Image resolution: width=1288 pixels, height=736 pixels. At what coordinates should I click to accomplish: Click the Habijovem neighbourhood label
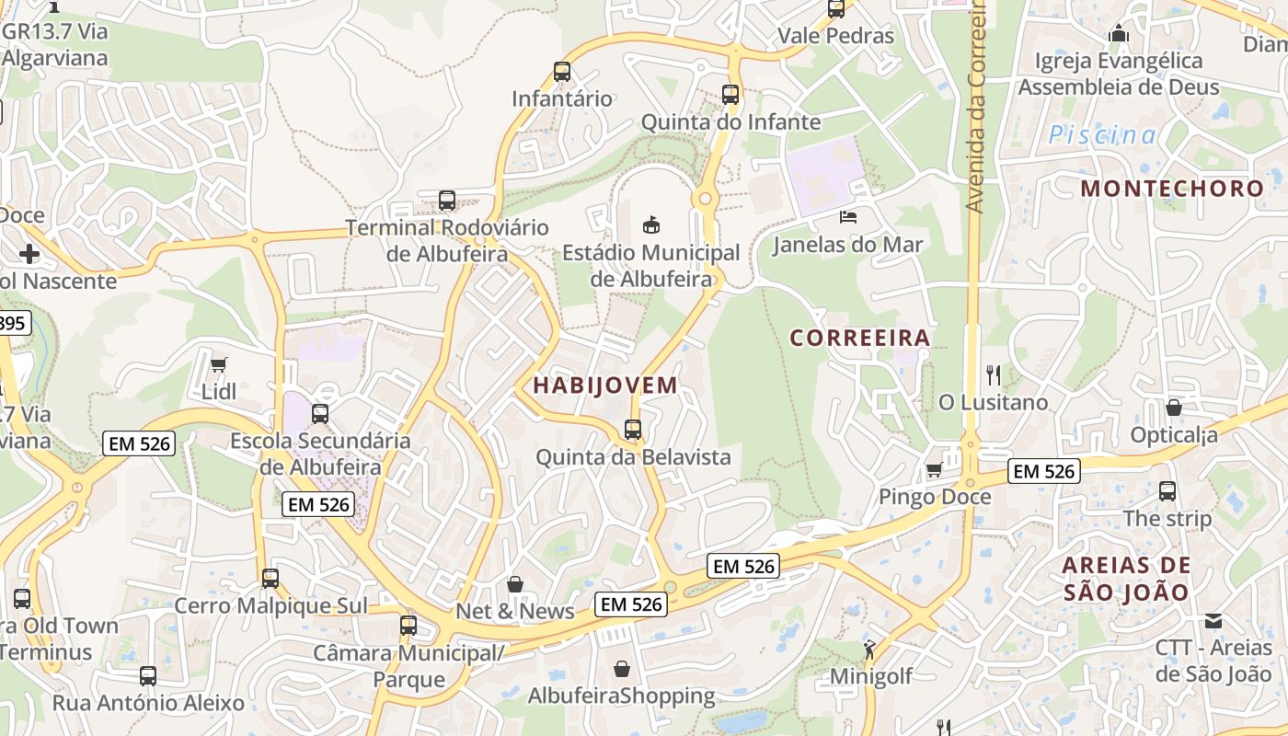click(x=604, y=385)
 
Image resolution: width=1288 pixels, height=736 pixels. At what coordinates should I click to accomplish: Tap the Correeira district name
click(x=860, y=338)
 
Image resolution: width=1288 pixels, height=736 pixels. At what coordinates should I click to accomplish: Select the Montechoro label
click(x=1172, y=189)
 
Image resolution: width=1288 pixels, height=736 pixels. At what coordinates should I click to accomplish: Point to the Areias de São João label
click(x=1126, y=579)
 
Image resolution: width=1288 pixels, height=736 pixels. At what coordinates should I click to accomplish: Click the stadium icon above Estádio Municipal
click(x=650, y=224)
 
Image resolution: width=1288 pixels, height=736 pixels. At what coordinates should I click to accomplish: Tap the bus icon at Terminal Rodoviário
click(x=447, y=200)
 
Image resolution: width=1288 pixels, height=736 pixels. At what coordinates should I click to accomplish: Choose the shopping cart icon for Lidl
click(x=218, y=364)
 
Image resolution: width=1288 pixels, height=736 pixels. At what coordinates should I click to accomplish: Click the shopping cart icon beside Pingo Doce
click(x=934, y=470)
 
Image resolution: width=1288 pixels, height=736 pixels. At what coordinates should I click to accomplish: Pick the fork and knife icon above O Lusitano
click(x=993, y=374)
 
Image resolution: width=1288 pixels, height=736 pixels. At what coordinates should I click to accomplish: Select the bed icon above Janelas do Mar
click(x=847, y=217)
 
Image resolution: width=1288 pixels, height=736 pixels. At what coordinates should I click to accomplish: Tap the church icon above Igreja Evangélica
click(x=1119, y=34)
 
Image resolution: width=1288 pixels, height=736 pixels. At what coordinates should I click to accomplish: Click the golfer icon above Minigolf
click(x=869, y=650)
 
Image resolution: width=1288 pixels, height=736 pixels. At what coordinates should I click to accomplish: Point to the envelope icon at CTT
click(x=1213, y=621)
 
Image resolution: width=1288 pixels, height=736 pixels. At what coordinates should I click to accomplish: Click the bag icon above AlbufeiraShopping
click(x=622, y=669)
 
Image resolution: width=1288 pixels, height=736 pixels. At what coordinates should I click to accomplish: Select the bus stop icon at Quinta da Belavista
click(x=633, y=430)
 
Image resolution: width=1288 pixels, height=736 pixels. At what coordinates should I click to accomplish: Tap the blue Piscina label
click(x=1103, y=135)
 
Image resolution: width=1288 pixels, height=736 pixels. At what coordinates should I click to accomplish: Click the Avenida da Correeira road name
click(x=976, y=106)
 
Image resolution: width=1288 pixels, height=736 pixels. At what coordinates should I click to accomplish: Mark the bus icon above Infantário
click(x=561, y=72)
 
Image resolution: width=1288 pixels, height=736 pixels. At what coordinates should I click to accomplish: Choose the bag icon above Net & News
click(x=515, y=584)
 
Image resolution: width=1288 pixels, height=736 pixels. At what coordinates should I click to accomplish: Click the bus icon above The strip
click(x=1167, y=491)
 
